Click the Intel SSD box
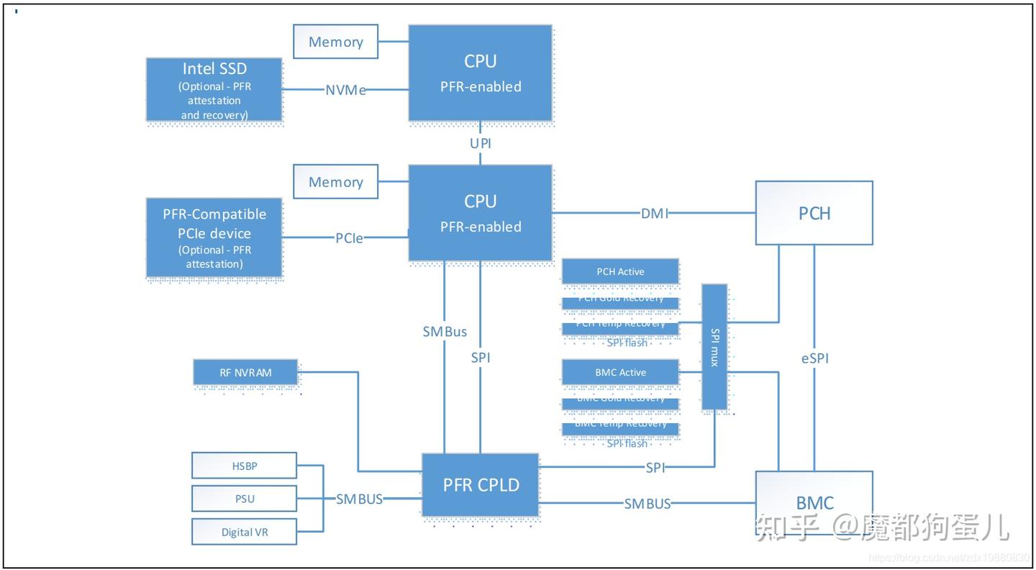click(x=214, y=89)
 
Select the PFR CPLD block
click(x=480, y=484)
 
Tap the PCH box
click(x=814, y=213)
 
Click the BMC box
click(x=814, y=502)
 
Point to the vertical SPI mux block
click(x=714, y=347)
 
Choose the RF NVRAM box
click(x=245, y=373)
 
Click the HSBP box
click(x=244, y=466)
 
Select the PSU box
click(x=244, y=499)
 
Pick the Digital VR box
click(x=244, y=532)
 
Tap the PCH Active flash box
click(x=620, y=271)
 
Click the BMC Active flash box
click(x=620, y=372)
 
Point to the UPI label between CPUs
click(x=480, y=143)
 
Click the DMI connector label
click(x=655, y=213)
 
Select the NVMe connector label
click(x=345, y=90)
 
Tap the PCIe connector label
click(x=349, y=237)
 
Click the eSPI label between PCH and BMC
click(x=814, y=358)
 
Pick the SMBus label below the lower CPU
click(x=445, y=332)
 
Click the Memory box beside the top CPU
click(x=335, y=42)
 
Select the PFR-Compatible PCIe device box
click(x=214, y=237)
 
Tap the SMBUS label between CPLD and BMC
click(x=647, y=503)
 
